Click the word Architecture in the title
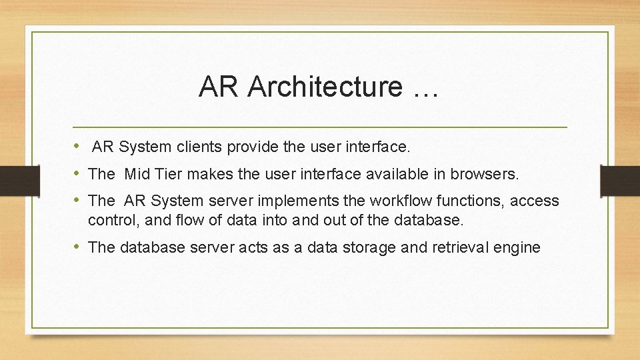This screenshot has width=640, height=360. pyautogui.click(x=326, y=87)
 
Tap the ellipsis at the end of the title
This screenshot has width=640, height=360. pyautogui.click(x=425, y=87)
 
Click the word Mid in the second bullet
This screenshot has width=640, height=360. pyautogui.click(x=137, y=174)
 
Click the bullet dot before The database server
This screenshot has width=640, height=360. pyautogui.click(x=78, y=247)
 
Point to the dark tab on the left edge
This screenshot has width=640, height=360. pyautogui.click(x=11, y=180)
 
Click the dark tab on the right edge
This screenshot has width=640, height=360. pyautogui.click(x=620, y=180)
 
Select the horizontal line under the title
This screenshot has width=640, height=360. pyautogui.click(x=320, y=127)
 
